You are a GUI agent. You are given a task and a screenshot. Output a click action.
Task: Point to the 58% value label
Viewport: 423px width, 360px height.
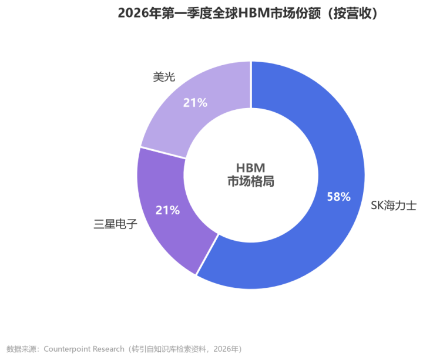[338, 197]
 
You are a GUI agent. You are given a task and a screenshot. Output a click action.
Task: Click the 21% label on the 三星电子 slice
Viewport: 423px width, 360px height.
[167, 210]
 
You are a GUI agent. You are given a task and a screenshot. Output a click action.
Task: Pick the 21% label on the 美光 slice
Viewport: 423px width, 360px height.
[195, 103]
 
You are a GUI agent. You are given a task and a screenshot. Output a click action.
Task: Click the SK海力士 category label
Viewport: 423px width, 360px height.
[394, 206]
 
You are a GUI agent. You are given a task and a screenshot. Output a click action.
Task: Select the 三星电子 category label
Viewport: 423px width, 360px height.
[116, 224]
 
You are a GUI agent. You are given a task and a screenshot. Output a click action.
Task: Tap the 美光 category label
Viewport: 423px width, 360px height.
[164, 77]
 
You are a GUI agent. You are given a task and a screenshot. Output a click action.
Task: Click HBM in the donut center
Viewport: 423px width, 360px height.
[251, 168]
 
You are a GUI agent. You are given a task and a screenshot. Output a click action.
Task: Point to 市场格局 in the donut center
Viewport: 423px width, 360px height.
[251, 181]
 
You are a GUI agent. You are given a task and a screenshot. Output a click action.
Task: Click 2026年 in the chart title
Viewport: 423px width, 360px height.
[139, 13]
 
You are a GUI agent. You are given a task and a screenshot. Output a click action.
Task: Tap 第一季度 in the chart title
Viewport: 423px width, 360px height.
[187, 13]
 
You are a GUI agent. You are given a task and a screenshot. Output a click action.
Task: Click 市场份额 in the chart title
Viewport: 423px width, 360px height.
[296, 13]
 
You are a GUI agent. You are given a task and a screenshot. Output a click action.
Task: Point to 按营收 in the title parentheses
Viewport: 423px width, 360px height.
[352, 13]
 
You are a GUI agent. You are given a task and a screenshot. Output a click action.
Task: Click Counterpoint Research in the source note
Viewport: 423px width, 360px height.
[84, 349]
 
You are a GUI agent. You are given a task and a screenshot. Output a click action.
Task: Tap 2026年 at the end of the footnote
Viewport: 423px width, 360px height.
[225, 349]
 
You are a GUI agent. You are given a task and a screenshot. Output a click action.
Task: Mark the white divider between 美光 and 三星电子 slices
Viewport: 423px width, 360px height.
[163, 153]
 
